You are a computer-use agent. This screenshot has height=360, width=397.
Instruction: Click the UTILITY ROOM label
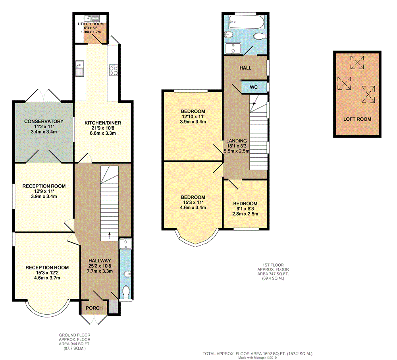[x=91, y=24]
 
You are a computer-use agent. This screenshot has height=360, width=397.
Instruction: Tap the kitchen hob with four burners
[x=114, y=70]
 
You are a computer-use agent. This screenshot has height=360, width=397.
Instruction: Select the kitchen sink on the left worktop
[x=80, y=68]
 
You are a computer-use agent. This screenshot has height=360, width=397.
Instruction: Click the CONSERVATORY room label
[x=44, y=121]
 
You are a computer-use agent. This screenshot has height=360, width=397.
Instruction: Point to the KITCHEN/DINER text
[x=103, y=123]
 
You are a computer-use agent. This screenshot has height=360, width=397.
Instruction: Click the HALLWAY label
[x=100, y=261]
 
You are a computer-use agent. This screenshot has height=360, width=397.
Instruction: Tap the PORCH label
[x=94, y=308]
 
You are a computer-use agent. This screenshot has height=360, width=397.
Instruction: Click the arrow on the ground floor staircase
[x=110, y=236]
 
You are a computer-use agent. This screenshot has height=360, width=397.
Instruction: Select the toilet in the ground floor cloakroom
[x=126, y=291]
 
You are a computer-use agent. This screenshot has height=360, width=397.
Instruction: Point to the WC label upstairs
[x=254, y=87]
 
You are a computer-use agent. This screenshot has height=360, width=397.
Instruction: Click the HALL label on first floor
[x=245, y=68]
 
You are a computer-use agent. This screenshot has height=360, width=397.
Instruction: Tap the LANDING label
[x=237, y=141]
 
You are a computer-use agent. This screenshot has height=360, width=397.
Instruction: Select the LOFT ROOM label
[x=357, y=119]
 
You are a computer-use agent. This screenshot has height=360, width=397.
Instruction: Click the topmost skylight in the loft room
[x=357, y=62]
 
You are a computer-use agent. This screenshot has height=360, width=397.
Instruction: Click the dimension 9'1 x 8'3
[x=245, y=209]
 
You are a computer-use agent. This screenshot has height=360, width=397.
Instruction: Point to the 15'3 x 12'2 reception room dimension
[x=47, y=273]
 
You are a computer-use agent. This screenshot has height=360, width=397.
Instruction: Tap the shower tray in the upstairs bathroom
[x=233, y=48]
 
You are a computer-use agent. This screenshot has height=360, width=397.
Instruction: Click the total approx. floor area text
[x=258, y=354]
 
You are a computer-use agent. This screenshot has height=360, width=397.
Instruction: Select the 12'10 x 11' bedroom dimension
[x=193, y=116]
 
